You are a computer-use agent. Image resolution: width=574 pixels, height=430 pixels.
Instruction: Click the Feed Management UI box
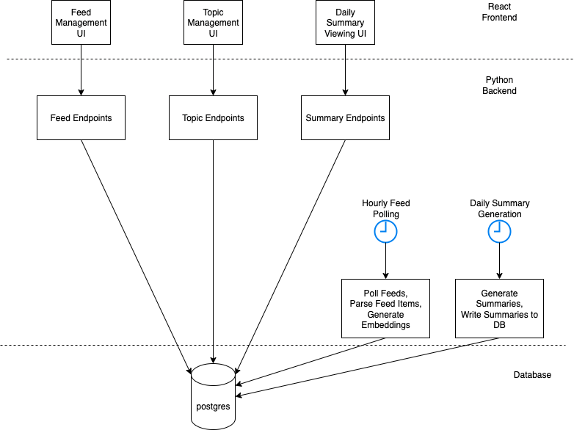(81, 23)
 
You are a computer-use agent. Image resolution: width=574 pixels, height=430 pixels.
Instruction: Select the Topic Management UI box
(213, 23)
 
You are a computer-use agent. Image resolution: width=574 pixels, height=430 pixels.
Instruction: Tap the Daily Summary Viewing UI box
(345, 23)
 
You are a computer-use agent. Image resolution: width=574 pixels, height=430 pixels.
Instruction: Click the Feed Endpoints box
(81, 117)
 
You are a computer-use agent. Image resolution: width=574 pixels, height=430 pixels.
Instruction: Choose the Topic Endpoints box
(213, 117)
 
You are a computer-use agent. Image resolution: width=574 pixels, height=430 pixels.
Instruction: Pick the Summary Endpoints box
(345, 117)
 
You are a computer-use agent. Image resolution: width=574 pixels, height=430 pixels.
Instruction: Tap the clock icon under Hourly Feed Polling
(385, 231)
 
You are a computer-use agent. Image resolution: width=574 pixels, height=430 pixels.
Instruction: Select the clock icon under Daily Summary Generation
(500, 231)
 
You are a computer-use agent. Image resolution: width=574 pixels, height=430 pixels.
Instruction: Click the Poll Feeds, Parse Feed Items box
(385, 308)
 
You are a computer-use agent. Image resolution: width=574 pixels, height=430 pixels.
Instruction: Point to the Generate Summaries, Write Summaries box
(500, 308)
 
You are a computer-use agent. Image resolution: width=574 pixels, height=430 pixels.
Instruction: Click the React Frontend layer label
(499, 12)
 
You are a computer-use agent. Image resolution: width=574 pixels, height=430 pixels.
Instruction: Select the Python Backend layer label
(499, 86)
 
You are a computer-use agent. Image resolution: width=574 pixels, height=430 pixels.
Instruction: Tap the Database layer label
(531, 375)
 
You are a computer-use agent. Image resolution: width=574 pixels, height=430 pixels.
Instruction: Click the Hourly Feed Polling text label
(385, 208)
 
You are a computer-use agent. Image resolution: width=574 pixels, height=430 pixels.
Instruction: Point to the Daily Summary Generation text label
(500, 208)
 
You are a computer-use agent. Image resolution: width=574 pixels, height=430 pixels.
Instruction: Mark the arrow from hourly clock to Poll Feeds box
(385, 260)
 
